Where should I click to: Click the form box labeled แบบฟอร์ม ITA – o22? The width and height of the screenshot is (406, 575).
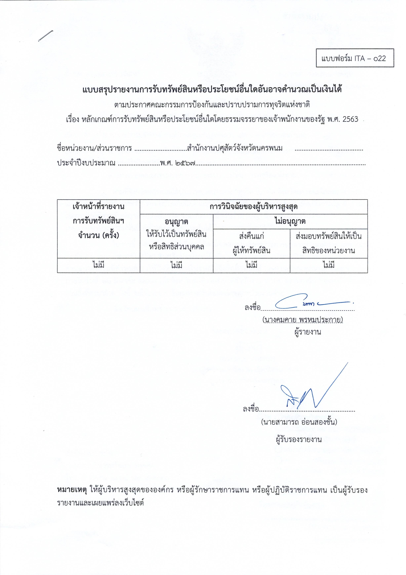click(355, 58)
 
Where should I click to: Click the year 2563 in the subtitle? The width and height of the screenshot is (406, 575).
click(350, 119)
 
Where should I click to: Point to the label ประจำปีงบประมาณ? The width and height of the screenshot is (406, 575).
click(86, 163)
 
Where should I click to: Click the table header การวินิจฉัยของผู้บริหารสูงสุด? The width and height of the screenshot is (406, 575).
click(254, 207)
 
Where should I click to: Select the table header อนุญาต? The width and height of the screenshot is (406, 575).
click(176, 222)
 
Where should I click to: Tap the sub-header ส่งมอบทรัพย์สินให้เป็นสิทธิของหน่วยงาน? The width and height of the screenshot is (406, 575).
click(328, 243)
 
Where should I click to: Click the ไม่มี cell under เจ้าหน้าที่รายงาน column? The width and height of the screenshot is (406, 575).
click(98, 265)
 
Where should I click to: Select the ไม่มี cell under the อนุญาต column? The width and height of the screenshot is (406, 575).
click(176, 265)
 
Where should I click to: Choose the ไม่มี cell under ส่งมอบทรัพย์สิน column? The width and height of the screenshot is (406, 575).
click(328, 265)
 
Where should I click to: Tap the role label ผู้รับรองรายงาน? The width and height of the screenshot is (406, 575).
click(298, 439)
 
